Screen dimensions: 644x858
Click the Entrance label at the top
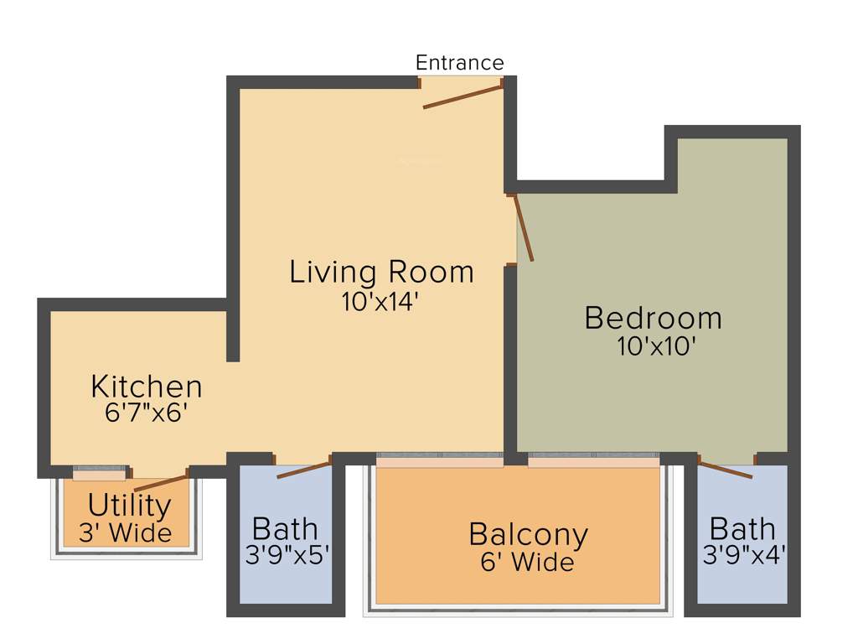[460, 63]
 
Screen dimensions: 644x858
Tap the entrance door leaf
[463, 96]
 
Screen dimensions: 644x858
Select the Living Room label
[381, 272]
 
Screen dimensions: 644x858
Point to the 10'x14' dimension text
[380, 302]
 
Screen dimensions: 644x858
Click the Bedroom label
[653, 318]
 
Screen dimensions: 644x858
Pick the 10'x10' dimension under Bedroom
[657, 346]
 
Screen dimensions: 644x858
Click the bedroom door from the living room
[524, 227]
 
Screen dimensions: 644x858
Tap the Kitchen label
[147, 387]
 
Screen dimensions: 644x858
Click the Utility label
[129, 506]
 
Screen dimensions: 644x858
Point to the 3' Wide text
[126, 533]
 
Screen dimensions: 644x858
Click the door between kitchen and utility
[161, 481]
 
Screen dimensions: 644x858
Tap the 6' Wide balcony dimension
[527, 562]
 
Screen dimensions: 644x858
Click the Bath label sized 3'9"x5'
[285, 529]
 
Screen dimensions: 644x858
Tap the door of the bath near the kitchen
[303, 469]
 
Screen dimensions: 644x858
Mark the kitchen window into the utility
[100, 474]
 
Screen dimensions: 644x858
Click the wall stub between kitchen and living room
[233, 335]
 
